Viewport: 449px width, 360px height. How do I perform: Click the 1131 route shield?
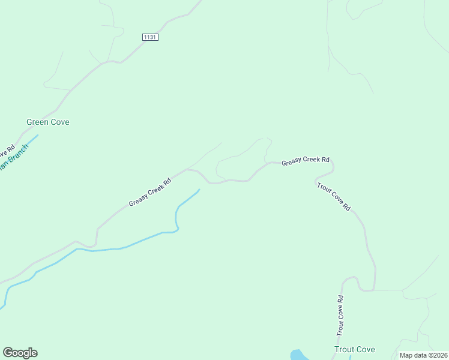tap(150, 37)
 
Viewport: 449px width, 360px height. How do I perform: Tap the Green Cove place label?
tap(48, 122)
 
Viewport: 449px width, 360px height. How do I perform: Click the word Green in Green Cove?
tap(38, 122)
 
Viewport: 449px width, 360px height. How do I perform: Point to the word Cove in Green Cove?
tap(60, 122)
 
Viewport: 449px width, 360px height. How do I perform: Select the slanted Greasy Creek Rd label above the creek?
tap(150, 192)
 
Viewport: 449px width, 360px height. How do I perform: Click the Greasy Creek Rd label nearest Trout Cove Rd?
tap(306, 160)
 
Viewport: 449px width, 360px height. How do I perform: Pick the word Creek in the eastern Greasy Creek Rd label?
tap(310, 160)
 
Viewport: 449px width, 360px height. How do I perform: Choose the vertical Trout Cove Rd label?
tap(340, 316)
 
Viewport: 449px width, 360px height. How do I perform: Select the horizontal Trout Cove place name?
tap(355, 349)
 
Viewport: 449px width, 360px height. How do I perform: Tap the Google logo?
tap(20, 353)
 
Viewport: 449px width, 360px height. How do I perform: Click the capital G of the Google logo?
tap(8, 353)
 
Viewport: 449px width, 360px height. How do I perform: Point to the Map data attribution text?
tap(423, 355)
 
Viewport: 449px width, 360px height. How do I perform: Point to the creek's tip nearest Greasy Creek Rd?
tap(199, 190)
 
